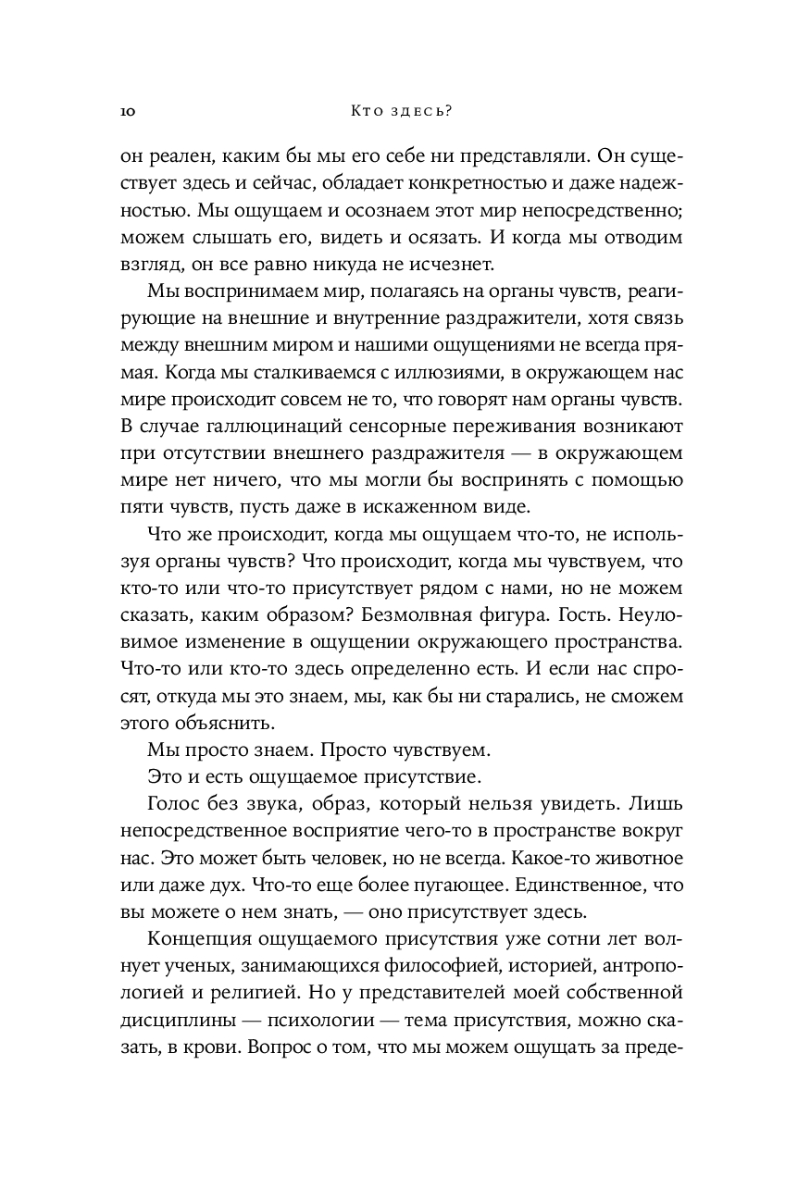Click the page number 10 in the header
pyautogui.click(x=129, y=112)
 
